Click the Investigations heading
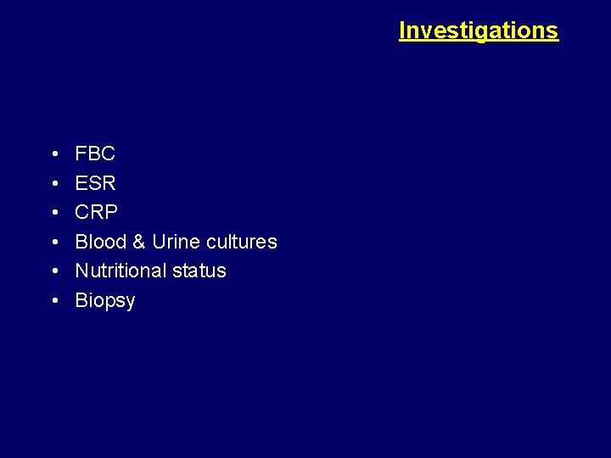479,31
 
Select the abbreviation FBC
95,154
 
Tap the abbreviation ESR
95,183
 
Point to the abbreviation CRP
95,212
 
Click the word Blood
99,242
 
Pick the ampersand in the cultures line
137,242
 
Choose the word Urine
175,242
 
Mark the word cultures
240,242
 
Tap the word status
201,271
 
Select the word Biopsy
105,301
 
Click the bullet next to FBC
53,154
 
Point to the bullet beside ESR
53,183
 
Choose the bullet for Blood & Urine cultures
53,242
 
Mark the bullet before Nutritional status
53,271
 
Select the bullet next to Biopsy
53,300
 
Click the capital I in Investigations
402,31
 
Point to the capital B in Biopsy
81,300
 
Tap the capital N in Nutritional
82,271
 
